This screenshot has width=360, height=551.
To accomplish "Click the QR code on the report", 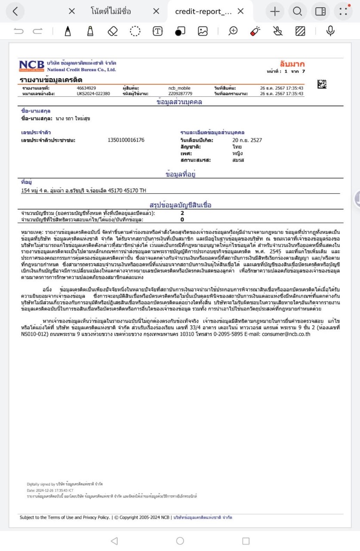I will pos(321,85).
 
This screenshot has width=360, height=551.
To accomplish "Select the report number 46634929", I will pos(86,88).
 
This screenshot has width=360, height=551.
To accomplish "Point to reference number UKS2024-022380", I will pos(93,93).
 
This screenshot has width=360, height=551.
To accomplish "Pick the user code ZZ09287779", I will pos(180,93).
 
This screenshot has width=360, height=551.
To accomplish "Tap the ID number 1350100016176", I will pos(126,140).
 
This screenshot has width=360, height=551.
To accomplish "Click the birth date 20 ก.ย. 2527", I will pos(247,140).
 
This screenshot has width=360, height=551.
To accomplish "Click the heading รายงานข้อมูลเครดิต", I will pos(51,80).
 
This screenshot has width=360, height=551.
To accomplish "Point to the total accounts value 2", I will pos(182,213).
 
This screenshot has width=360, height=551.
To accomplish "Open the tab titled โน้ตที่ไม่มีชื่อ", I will pos(111,11).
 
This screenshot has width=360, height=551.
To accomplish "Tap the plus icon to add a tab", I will pos(275,11).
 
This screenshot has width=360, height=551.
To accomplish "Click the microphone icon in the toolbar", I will pos(330,31).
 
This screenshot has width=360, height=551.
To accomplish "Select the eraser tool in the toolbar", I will pos(113,31).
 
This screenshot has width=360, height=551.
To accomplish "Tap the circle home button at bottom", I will pos(180,540).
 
